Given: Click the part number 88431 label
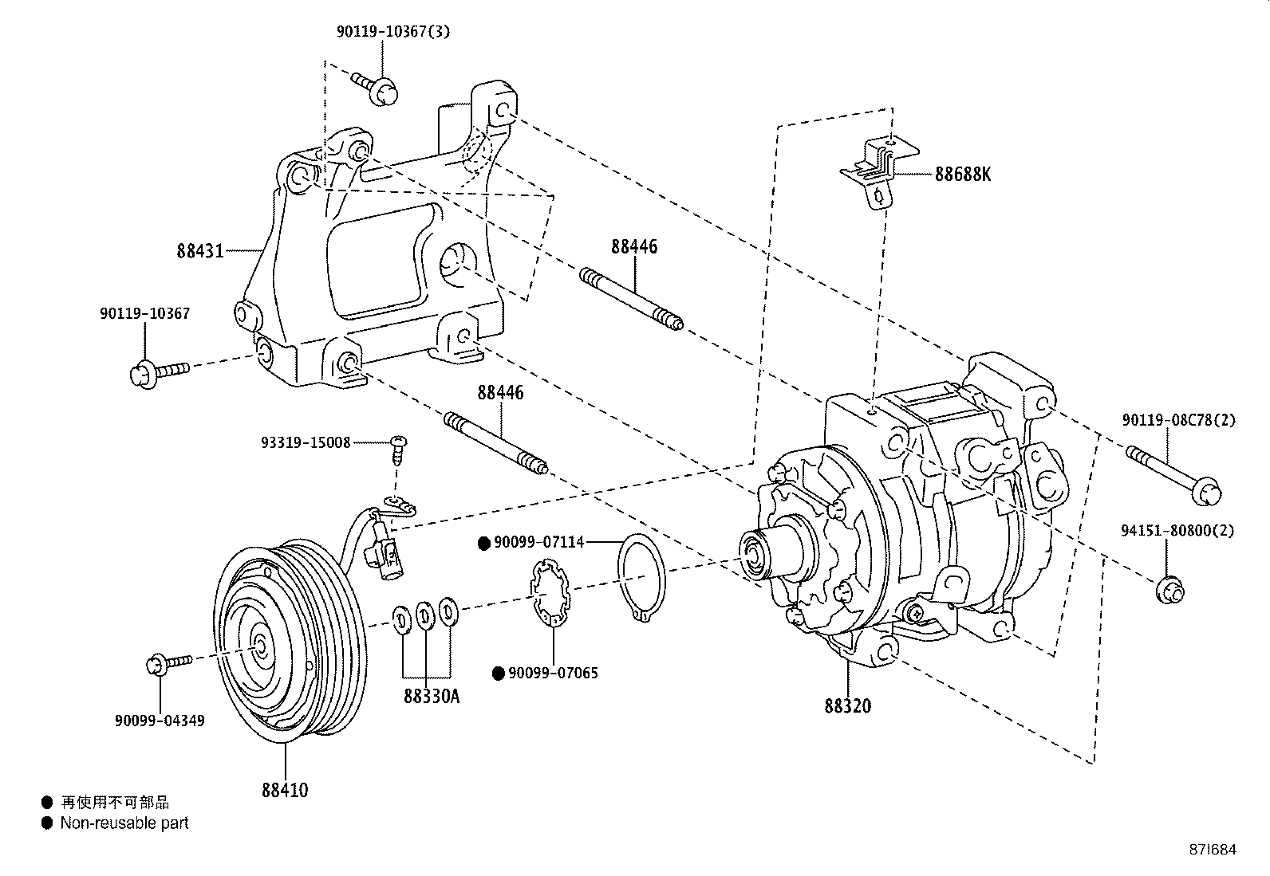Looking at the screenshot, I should [201, 251].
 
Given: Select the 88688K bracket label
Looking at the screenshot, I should [963, 174].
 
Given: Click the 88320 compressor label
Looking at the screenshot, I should [848, 705].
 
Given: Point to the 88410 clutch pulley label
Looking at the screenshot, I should [284, 790].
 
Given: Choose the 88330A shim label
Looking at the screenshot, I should [432, 696].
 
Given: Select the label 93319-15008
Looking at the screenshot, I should [306, 442].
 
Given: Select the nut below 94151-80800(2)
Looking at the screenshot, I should [1169, 591].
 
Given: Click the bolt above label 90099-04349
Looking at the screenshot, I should [169, 663].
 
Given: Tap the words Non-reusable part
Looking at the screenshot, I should [124, 823].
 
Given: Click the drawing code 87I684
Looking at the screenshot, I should [1210, 850].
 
